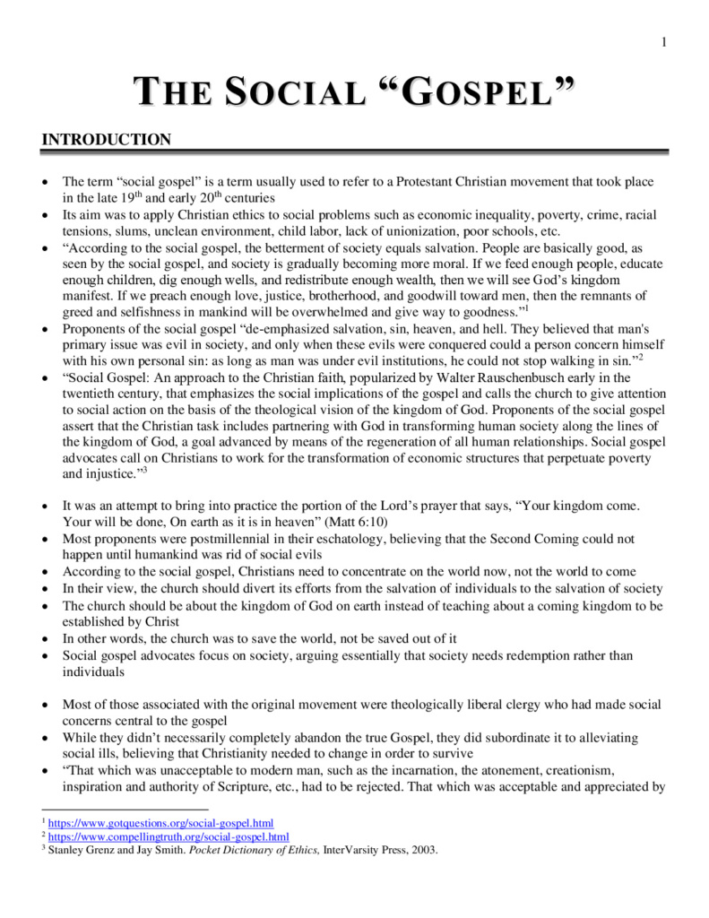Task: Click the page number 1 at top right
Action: (664, 42)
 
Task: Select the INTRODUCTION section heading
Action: (107, 140)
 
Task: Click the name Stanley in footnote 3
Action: (68, 851)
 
